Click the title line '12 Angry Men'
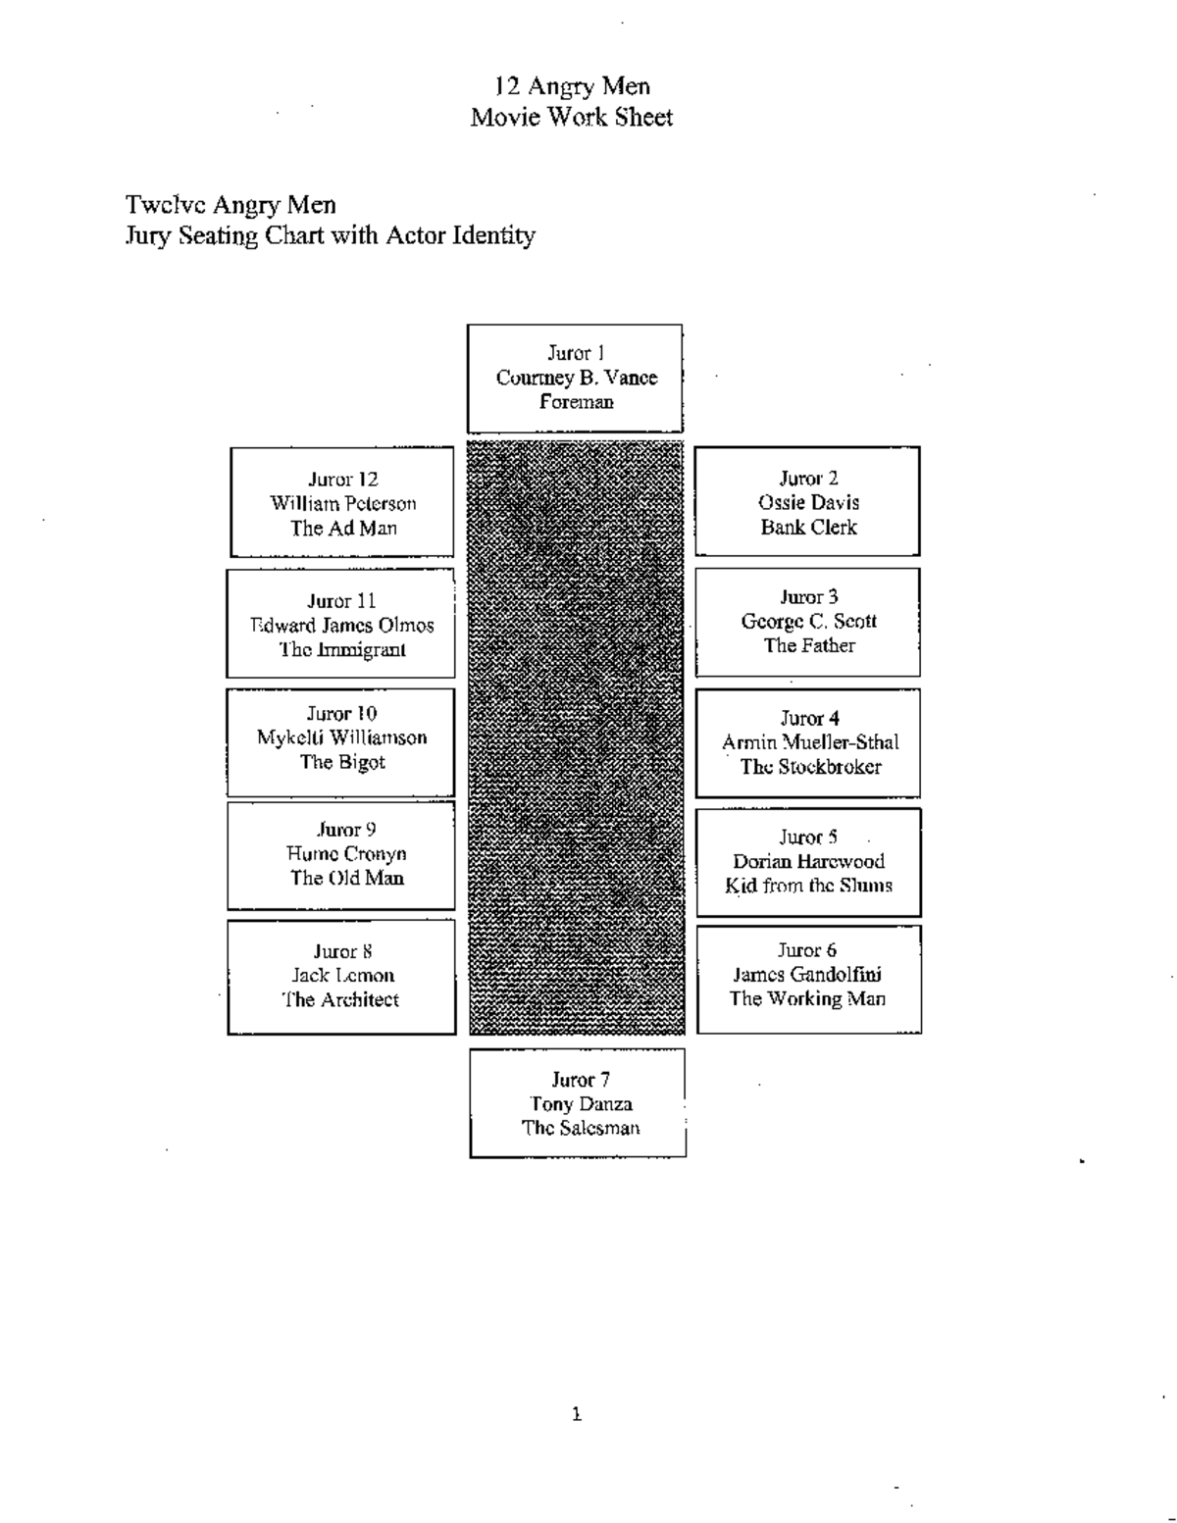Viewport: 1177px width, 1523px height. (x=572, y=86)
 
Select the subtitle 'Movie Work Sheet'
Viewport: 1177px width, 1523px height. (x=572, y=118)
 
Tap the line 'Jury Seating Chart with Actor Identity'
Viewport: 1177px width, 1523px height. (x=330, y=235)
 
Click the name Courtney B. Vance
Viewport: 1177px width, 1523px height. (x=576, y=378)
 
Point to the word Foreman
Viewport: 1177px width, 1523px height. (x=576, y=401)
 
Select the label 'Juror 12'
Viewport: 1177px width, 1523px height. (x=342, y=480)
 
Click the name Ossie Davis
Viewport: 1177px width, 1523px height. (x=808, y=502)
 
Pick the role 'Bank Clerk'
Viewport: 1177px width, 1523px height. (x=808, y=527)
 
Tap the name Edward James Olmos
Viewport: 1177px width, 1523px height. (x=341, y=625)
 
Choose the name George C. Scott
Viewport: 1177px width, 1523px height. (x=808, y=621)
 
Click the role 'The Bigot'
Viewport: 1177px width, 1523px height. (x=341, y=762)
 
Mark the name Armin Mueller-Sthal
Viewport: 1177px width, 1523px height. (x=809, y=742)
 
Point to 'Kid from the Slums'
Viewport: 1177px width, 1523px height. (x=808, y=886)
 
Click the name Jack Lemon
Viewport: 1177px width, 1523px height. (x=341, y=975)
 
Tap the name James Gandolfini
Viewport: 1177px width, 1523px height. (x=807, y=974)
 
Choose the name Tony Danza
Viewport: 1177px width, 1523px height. (x=580, y=1103)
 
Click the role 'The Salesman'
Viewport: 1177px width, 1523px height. (x=580, y=1128)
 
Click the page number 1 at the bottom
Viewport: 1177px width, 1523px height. (x=577, y=1414)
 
